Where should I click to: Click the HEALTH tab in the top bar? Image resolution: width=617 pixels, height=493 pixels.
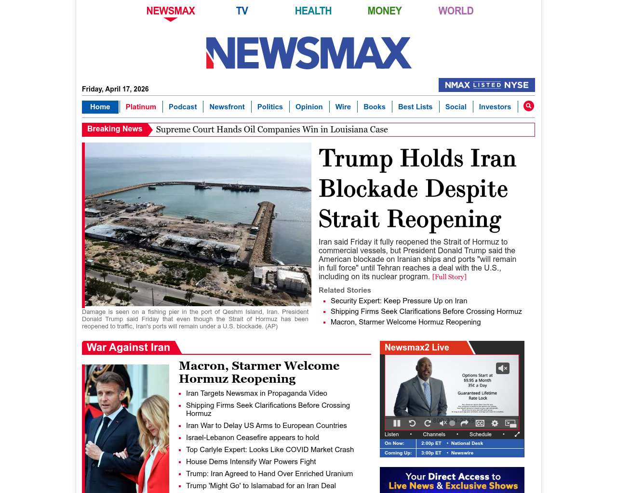click(x=313, y=11)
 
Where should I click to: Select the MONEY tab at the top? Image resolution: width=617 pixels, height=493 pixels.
click(x=384, y=11)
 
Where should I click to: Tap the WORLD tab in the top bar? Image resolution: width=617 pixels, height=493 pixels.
click(x=456, y=11)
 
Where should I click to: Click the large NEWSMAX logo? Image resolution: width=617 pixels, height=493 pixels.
click(x=308, y=53)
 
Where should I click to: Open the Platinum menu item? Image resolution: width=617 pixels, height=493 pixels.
click(x=141, y=107)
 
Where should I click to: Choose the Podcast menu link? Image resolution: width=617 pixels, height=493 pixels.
click(x=183, y=107)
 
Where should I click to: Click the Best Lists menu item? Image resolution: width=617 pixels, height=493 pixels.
click(x=415, y=107)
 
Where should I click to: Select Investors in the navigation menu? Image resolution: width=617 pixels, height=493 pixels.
click(x=495, y=107)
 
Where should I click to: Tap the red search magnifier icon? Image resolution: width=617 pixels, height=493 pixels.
click(x=529, y=106)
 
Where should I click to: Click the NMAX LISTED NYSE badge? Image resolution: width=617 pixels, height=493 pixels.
click(x=486, y=85)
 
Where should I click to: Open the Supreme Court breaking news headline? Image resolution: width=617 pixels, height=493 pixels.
click(x=272, y=130)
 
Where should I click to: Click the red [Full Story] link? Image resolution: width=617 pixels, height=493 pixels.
click(x=449, y=277)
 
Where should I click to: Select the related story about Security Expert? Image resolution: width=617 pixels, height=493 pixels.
click(x=399, y=301)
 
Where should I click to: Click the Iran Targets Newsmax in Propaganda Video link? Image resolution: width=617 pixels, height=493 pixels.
click(x=256, y=393)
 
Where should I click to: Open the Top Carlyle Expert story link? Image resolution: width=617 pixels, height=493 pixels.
click(x=270, y=450)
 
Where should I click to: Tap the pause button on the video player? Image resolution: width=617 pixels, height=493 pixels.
click(x=397, y=423)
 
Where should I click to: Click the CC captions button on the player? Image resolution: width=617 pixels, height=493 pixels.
click(x=480, y=423)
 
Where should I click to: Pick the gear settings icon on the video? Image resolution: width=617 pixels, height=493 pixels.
click(x=495, y=423)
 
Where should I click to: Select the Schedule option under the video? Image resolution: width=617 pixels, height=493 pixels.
click(x=480, y=434)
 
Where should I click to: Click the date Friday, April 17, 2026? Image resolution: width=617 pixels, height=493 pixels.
click(x=115, y=89)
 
